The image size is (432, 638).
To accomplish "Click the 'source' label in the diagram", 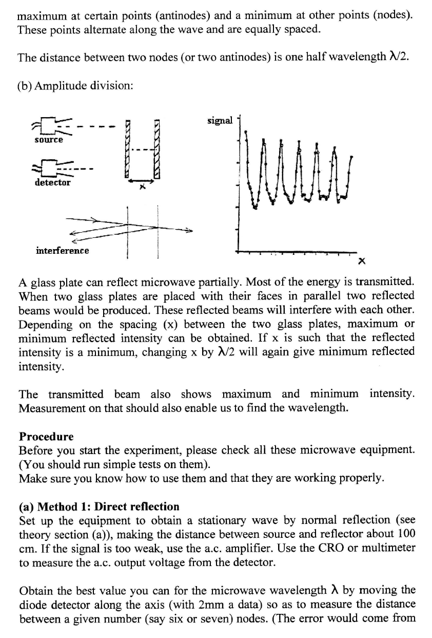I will (49, 140).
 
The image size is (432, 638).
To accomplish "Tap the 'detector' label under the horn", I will (52, 182).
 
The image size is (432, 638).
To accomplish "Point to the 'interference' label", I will (62, 251).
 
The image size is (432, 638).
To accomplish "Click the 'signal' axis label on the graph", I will (220, 121).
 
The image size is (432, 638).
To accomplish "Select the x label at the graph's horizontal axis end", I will (361, 262).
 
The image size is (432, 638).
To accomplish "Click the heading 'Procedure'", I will (46, 437).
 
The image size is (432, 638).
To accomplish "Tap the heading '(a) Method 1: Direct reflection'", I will (99, 507).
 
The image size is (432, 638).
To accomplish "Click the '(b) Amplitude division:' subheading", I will (75, 86).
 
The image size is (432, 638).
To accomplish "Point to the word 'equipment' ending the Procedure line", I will (385, 451).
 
